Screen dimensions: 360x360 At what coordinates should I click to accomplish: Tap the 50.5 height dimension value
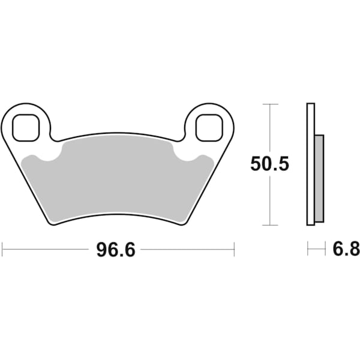pyautogui.click(x=269, y=163)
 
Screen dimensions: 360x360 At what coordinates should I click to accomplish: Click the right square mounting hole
pyautogui.click(x=210, y=127)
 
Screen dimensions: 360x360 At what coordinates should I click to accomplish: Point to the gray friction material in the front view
pyautogui.click(x=117, y=180)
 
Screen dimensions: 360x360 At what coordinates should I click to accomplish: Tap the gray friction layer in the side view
pyautogui.click(x=319, y=178)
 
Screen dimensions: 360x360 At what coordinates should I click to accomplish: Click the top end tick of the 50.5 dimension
pyautogui.click(x=271, y=104)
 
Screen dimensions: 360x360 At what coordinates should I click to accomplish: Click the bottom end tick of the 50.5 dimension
pyautogui.click(x=271, y=226)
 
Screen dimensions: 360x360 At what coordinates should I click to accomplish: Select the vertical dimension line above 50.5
pyautogui.click(x=271, y=129)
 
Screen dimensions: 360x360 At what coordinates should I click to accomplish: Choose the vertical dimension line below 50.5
pyautogui.click(x=271, y=201)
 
